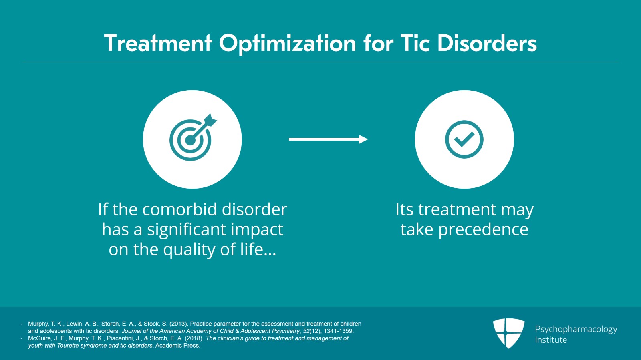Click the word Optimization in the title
(x=287, y=44)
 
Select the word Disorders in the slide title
(x=487, y=43)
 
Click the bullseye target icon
(x=190, y=140)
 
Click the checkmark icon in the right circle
(x=464, y=139)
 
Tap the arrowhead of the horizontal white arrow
(x=363, y=139)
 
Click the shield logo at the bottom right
(x=508, y=333)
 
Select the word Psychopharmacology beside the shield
(x=576, y=329)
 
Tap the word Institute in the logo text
(x=551, y=340)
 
